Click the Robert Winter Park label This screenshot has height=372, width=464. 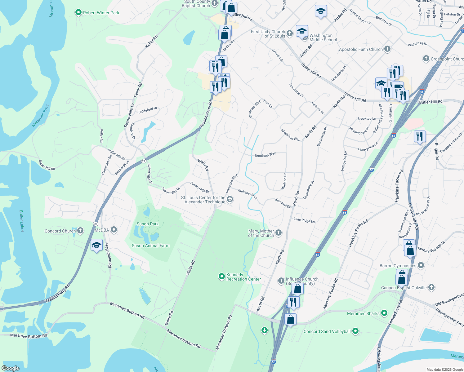101,13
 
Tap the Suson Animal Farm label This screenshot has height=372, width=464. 151,246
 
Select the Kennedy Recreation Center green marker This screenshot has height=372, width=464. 221,276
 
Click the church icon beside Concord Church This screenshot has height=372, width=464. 80,230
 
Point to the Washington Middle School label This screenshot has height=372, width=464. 323,38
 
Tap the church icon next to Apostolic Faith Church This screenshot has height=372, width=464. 387,49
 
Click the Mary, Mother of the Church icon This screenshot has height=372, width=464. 279,233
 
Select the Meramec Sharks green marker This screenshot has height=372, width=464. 384,313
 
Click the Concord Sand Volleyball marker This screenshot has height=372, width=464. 355,331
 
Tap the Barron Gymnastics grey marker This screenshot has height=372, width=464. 421,265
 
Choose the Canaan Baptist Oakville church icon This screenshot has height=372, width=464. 431,287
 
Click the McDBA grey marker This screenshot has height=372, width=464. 114,230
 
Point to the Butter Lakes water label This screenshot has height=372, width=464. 21,221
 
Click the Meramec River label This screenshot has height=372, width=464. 41,115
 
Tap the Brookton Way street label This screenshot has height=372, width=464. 265,155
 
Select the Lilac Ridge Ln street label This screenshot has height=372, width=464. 304,220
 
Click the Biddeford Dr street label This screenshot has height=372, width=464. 148,110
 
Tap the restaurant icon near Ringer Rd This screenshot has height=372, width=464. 419,136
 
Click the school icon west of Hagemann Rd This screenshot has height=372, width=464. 96,245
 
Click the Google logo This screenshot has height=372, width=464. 11,368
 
